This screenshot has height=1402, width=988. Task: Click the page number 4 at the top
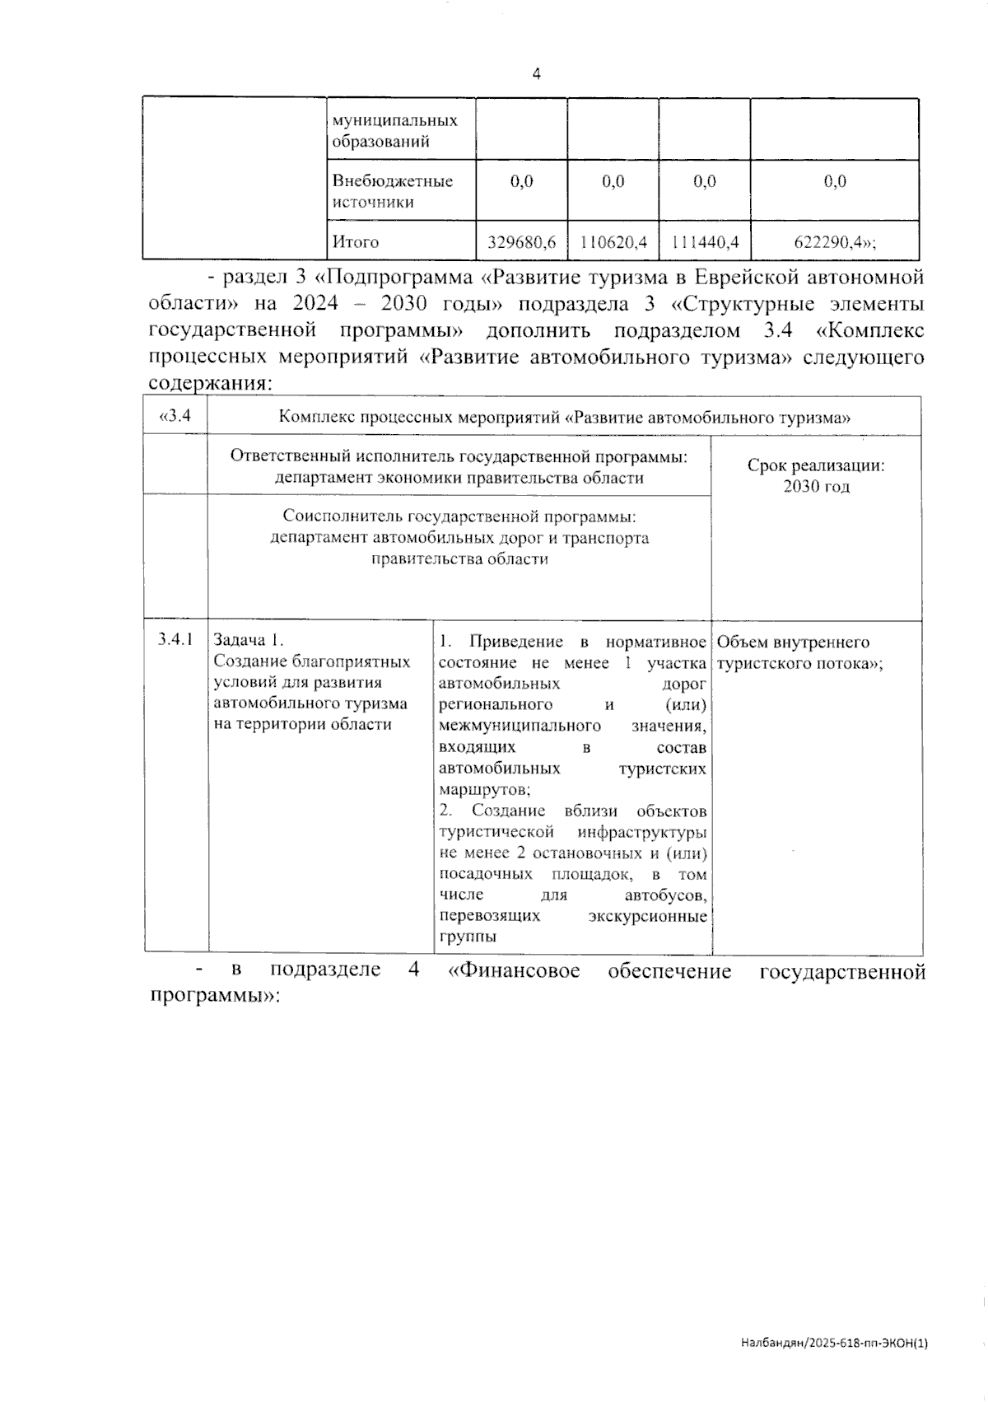(537, 74)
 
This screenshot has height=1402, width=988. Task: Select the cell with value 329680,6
(522, 242)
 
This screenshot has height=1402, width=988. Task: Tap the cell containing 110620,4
(613, 242)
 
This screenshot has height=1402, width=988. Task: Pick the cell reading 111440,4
(705, 242)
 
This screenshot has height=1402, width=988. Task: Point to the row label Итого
(356, 242)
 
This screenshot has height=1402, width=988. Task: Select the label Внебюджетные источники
(393, 191)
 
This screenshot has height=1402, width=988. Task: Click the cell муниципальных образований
(394, 130)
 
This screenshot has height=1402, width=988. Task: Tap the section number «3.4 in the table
(175, 416)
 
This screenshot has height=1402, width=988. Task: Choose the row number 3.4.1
(175, 639)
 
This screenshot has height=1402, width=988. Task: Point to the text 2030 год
(816, 487)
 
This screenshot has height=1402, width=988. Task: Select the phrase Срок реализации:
(816, 465)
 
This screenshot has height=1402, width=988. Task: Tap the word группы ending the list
(468, 937)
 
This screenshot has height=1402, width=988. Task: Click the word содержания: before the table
(210, 384)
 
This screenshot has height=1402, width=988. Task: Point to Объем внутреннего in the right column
(794, 643)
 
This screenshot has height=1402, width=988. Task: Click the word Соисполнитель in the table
(334, 516)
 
